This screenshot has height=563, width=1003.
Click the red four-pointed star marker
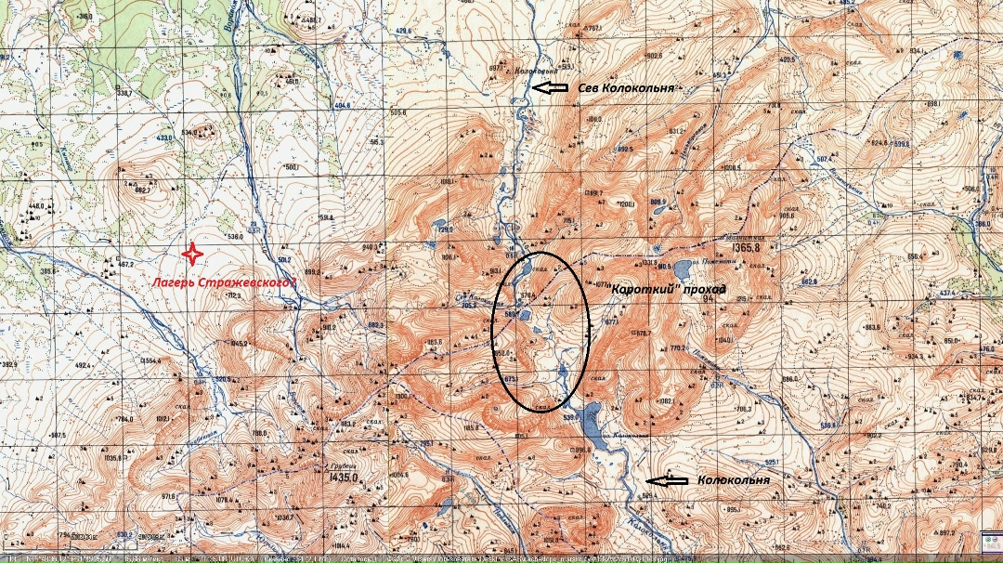pyautogui.click(x=192, y=253)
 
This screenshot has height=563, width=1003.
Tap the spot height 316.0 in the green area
pyautogui.click(x=85, y=17)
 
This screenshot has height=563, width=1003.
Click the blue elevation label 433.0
pyautogui.click(x=164, y=137)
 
